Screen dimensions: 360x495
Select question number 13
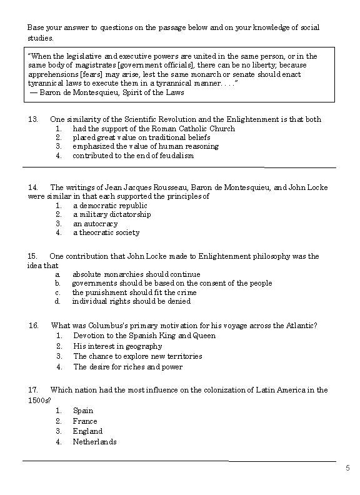pos(33,119)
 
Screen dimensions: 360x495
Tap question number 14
pos(33,187)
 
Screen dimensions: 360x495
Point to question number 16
pos(34,326)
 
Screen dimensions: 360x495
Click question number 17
pos(33,390)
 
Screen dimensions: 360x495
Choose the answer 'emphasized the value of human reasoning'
pos(145,147)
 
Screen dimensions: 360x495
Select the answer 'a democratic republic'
pos(110,206)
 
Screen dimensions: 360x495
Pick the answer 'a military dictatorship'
pos(112,214)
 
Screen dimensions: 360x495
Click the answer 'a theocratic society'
pos(106,232)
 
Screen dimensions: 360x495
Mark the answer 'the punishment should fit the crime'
pos(134,292)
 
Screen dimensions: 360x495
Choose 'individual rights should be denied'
pos(131,301)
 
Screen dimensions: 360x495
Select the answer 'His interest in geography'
pos(118,346)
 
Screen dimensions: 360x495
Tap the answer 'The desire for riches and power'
pos(127,367)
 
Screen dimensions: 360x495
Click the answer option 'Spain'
pos(83,411)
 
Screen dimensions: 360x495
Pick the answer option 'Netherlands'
pos(94,442)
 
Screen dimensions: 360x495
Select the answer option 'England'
pos(87,431)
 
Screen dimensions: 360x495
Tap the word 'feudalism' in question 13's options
pos(176,156)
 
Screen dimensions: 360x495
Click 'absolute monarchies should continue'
pos(136,274)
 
